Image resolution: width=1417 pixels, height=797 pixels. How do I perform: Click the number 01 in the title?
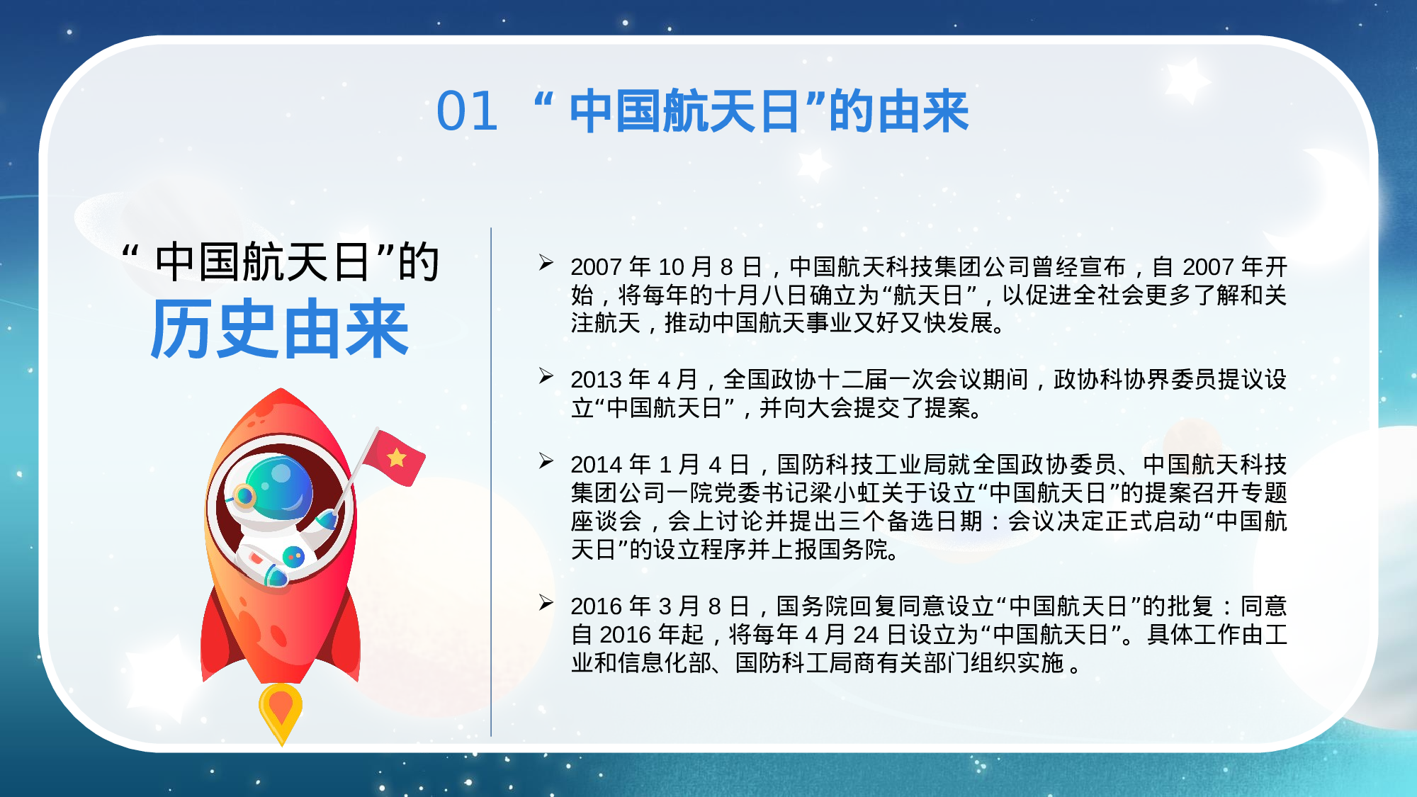click(x=467, y=112)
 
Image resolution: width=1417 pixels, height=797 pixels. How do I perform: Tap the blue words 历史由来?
click(x=280, y=329)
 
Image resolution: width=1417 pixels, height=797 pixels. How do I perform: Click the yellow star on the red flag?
click(x=397, y=458)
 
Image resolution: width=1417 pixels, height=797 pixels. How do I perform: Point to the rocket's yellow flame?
click(x=281, y=712)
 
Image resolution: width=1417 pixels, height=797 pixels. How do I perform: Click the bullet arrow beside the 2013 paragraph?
click(x=546, y=376)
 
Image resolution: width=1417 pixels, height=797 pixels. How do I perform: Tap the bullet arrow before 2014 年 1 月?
click(x=546, y=461)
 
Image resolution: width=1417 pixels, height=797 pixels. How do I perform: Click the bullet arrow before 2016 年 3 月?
click(x=546, y=603)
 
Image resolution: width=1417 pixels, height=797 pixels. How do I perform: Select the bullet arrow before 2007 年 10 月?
click(x=546, y=263)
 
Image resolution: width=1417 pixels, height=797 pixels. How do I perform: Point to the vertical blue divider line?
click(x=491, y=482)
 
